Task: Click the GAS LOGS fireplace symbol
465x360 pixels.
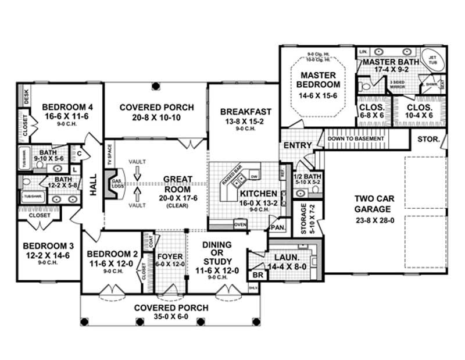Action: tap(115, 184)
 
